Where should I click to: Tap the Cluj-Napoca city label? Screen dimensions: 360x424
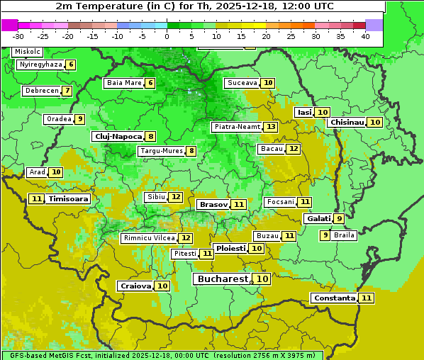click(118, 136)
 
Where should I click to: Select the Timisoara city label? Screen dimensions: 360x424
click(69, 199)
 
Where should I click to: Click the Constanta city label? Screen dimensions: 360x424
click(334, 298)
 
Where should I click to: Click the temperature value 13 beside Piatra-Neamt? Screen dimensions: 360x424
click(271, 127)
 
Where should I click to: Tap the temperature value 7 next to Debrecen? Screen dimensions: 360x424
click(67, 91)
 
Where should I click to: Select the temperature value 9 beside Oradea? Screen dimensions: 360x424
click(80, 119)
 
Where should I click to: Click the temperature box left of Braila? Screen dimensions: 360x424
click(325, 235)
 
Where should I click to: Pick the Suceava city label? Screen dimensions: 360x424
click(242, 83)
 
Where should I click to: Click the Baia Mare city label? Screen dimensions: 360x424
click(124, 83)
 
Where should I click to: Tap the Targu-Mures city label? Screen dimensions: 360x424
click(161, 151)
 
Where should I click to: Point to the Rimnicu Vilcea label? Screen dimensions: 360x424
click(148, 238)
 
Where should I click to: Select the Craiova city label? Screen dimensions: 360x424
click(135, 286)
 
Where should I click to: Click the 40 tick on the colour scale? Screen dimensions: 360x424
click(364, 36)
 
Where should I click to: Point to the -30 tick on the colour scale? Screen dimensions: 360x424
click(18, 36)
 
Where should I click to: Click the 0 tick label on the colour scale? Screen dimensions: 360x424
click(167, 36)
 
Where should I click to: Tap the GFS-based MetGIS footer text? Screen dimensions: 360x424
click(162, 355)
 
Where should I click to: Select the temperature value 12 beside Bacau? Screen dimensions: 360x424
click(293, 149)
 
